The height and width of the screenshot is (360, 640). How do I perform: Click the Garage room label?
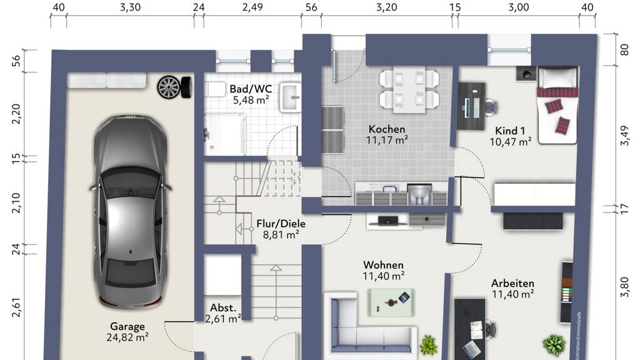(127, 326)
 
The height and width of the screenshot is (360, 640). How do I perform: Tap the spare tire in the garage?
(174, 87)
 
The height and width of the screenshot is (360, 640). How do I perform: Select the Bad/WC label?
(251, 89)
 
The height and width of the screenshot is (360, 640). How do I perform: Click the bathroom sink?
(291, 97)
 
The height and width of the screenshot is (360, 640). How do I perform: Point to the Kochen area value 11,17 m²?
(387, 141)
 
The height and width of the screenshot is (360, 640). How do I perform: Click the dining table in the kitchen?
(409, 91)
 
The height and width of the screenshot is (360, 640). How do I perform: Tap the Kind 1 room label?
(510, 131)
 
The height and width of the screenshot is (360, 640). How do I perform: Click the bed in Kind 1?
(557, 106)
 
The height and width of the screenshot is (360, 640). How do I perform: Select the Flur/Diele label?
(281, 224)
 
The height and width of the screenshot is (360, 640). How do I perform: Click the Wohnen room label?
(383, 265)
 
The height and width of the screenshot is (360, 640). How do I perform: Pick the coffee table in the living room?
(391, 302)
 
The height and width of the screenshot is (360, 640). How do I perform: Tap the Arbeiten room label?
(512, 283)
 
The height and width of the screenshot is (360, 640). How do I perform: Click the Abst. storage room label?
(223, 307)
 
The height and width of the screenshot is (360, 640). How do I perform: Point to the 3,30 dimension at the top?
(130, 7)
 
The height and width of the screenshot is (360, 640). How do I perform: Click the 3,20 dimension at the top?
(386, 7)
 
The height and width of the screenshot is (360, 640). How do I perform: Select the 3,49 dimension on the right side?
(624, 136)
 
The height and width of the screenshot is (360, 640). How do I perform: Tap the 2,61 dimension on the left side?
(16, 307)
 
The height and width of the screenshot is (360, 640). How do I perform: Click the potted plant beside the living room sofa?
(429, 345)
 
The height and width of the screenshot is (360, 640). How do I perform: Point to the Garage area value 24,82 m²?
(127, 337)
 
